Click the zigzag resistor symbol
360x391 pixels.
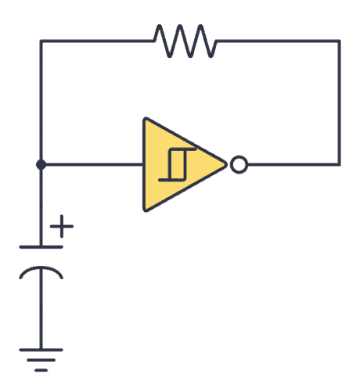point(185,41)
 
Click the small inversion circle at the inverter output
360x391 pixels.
point(238,165)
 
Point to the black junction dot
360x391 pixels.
point(41,165)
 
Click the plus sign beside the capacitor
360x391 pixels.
point(62,228)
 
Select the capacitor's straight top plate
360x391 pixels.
point(41,247)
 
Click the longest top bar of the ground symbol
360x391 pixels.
point(41,348)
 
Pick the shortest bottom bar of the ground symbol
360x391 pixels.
point(41,368)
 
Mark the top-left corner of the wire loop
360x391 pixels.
point(41,41)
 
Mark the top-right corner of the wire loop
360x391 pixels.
point(340,41)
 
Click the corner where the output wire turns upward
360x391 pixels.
point(340,165)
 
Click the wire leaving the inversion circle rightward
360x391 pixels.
point(290,165)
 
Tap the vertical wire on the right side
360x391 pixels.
point(340,102)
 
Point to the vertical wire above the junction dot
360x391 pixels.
point(41,102)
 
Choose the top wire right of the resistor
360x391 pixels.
point(278,41)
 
